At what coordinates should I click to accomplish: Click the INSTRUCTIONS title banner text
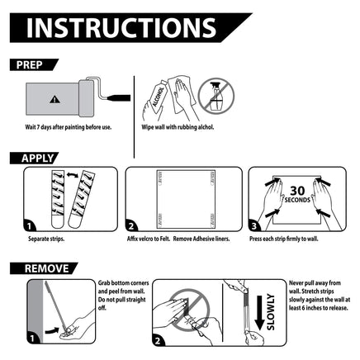pyautogui.click(x=121, y=28)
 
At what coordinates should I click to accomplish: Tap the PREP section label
pyautogui.click(x=30, y=65)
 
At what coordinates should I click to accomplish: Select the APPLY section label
pyautogui.click(x=37, y=159)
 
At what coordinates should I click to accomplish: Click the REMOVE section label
pyautogui.click(x=47, y=268)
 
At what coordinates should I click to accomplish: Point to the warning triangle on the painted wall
pyautogui.click(x=54, y=99)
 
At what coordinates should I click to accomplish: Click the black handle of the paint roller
pyautogui.click(x=119, y=97)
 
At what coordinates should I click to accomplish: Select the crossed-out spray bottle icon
pyautogui.click(x=216, y=96)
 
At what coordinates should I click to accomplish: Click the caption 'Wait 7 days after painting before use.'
pyautogui.click(x=69, y=127)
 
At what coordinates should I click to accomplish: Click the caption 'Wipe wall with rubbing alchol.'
pyautogui.click(x=178, y=127)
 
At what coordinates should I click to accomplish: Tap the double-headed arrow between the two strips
pyautogui.click(x=73, y=174)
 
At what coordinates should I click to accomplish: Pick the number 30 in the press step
pyautogui.click(x=297, y=191)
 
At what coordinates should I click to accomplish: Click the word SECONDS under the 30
pyautogui.click(x=297, y=200)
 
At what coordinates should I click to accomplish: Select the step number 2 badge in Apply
pyautogui.click(x=131, y=226)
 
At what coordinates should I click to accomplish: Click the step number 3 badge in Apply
pyautogui.click(x=254, y=226)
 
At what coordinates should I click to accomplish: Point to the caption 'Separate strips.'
pyautogui.click(x=46, y=239)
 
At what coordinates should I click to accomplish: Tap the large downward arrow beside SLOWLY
pyautogui.click(x=259, y=313)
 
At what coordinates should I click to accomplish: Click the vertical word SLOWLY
pyautogui.click(x=271, y=312)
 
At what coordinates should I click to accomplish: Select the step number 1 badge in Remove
pyautogui.click(x=32, y=339)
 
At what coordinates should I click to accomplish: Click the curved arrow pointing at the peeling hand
pyautogui.click(x=52, y=330)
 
